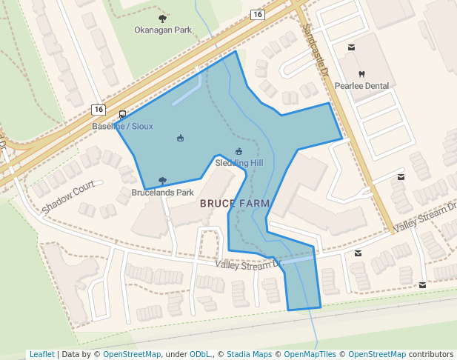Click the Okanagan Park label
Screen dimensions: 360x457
pyautogui.click(x=163, y=30)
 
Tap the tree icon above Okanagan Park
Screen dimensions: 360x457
pyautogui.click(x=163, y=19)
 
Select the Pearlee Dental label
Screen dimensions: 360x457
pyautogui.click(x=361, y=86)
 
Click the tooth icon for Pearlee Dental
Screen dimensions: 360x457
pyautogui.click(x=361, y=74)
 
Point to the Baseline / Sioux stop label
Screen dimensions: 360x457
pyautogui.click(x=122, y=127)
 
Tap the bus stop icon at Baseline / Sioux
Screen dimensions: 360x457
pyautogui.click(x=121, y=115)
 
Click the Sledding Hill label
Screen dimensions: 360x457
pyautogui.click(x=238, y=163)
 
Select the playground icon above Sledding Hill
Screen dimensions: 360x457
pyautogui.click(x=238, y=152)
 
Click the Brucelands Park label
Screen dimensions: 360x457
pyautogui.click(x=162, y=193)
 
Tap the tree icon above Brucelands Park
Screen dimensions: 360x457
pyautogui.click(x=162, y=181)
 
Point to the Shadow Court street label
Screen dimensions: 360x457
pyautogui.click(x=69, y=198)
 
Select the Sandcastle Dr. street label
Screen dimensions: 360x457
pyautogui.click(x=315, y=48)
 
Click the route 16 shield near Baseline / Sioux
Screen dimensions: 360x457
pyautogui.click(x=99, y=110)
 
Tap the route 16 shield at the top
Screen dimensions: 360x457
pyautogui.click(x=257, y=15)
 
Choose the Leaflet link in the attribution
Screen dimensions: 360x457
pyautogui.click(x=41, y=354)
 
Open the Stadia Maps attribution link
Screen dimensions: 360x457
pyautogui.click(x=249, y=354)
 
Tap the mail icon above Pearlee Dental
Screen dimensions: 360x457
pyautogui.click(x=351, y=47)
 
